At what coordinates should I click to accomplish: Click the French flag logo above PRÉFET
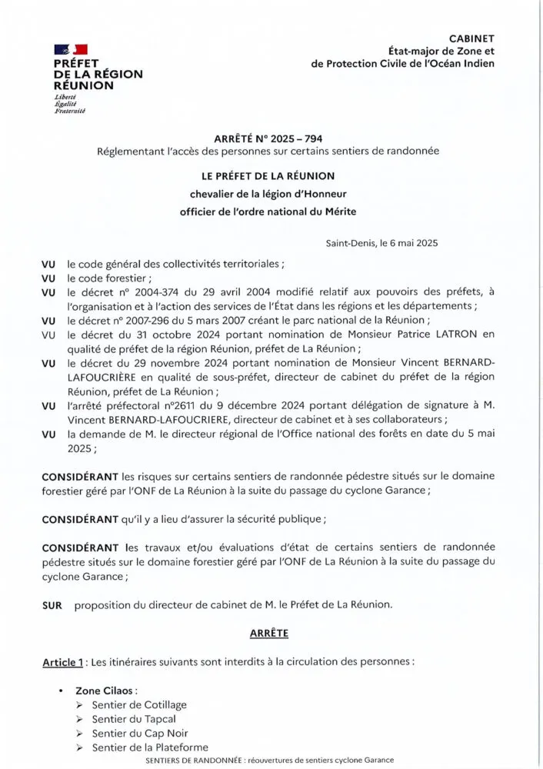[70, 50]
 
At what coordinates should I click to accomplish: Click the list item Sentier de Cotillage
[138, 704]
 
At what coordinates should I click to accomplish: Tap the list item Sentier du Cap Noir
[139, 733]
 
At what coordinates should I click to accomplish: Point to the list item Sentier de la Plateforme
[149, 747]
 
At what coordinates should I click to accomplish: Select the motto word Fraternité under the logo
[69, 112]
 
